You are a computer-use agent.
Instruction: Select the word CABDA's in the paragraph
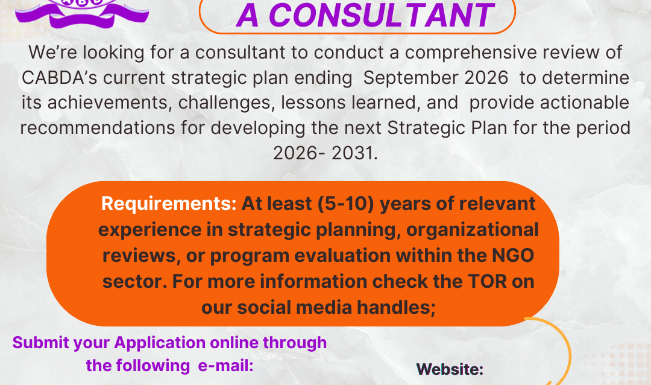coord(59,78)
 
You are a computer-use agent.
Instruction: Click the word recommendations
coord(98,128)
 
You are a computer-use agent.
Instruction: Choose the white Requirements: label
coord(169,204)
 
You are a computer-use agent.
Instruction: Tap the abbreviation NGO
coord(513,255)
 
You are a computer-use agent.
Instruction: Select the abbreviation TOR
coord(488,281)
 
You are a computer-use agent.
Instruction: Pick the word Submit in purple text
coord(41,343)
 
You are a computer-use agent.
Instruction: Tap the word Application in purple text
coord(160,343)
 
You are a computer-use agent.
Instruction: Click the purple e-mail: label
coord(225,366)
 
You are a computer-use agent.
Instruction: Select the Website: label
coord(450,369)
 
